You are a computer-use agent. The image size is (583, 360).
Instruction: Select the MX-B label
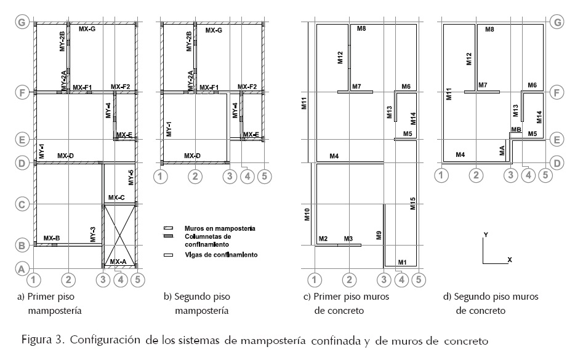coord(52,238)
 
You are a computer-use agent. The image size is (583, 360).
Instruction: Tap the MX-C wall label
coord(116,198)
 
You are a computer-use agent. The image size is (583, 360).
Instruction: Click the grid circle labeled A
coord(22,269)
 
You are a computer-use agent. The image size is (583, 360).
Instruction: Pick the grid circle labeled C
coord(22,204)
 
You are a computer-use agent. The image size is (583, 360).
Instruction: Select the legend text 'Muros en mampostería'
coord(212,228)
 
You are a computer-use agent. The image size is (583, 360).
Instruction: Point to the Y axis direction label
coord(486,235)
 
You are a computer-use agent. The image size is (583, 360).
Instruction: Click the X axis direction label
coord(510,260)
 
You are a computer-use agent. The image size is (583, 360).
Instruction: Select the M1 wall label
coord(403,262)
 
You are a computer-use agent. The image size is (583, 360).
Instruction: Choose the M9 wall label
coord(378,234)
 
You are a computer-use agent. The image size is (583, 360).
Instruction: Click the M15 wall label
coord(413,204)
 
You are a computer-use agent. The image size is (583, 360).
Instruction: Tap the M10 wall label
coord(308,215)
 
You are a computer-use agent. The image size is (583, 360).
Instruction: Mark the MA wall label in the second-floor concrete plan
coord(502,150)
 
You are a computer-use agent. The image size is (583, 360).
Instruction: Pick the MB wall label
coord(516,130)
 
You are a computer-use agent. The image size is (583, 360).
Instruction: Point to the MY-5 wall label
coord(131,177)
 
